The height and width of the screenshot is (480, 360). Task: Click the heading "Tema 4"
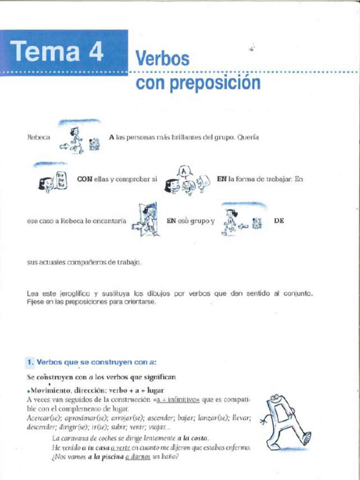pos(56,51)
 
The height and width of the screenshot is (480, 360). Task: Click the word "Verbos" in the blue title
pos(162,59)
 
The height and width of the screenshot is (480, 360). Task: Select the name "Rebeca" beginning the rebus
pos(38,138)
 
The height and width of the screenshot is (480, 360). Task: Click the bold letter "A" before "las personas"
pos(112,138)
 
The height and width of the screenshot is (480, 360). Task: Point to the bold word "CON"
pos(84,179)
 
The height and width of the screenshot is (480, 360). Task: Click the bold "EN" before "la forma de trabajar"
pos(221,179)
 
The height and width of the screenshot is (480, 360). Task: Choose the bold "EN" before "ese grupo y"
pos(172,220)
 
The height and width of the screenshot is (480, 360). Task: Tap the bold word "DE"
pos(279,220)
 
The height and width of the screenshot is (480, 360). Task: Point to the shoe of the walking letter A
pos(307,438)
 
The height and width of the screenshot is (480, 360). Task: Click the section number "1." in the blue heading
pos(30,362)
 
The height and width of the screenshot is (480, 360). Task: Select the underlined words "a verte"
pos(120,448)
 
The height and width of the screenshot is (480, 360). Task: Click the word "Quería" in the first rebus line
pos(248,138)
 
